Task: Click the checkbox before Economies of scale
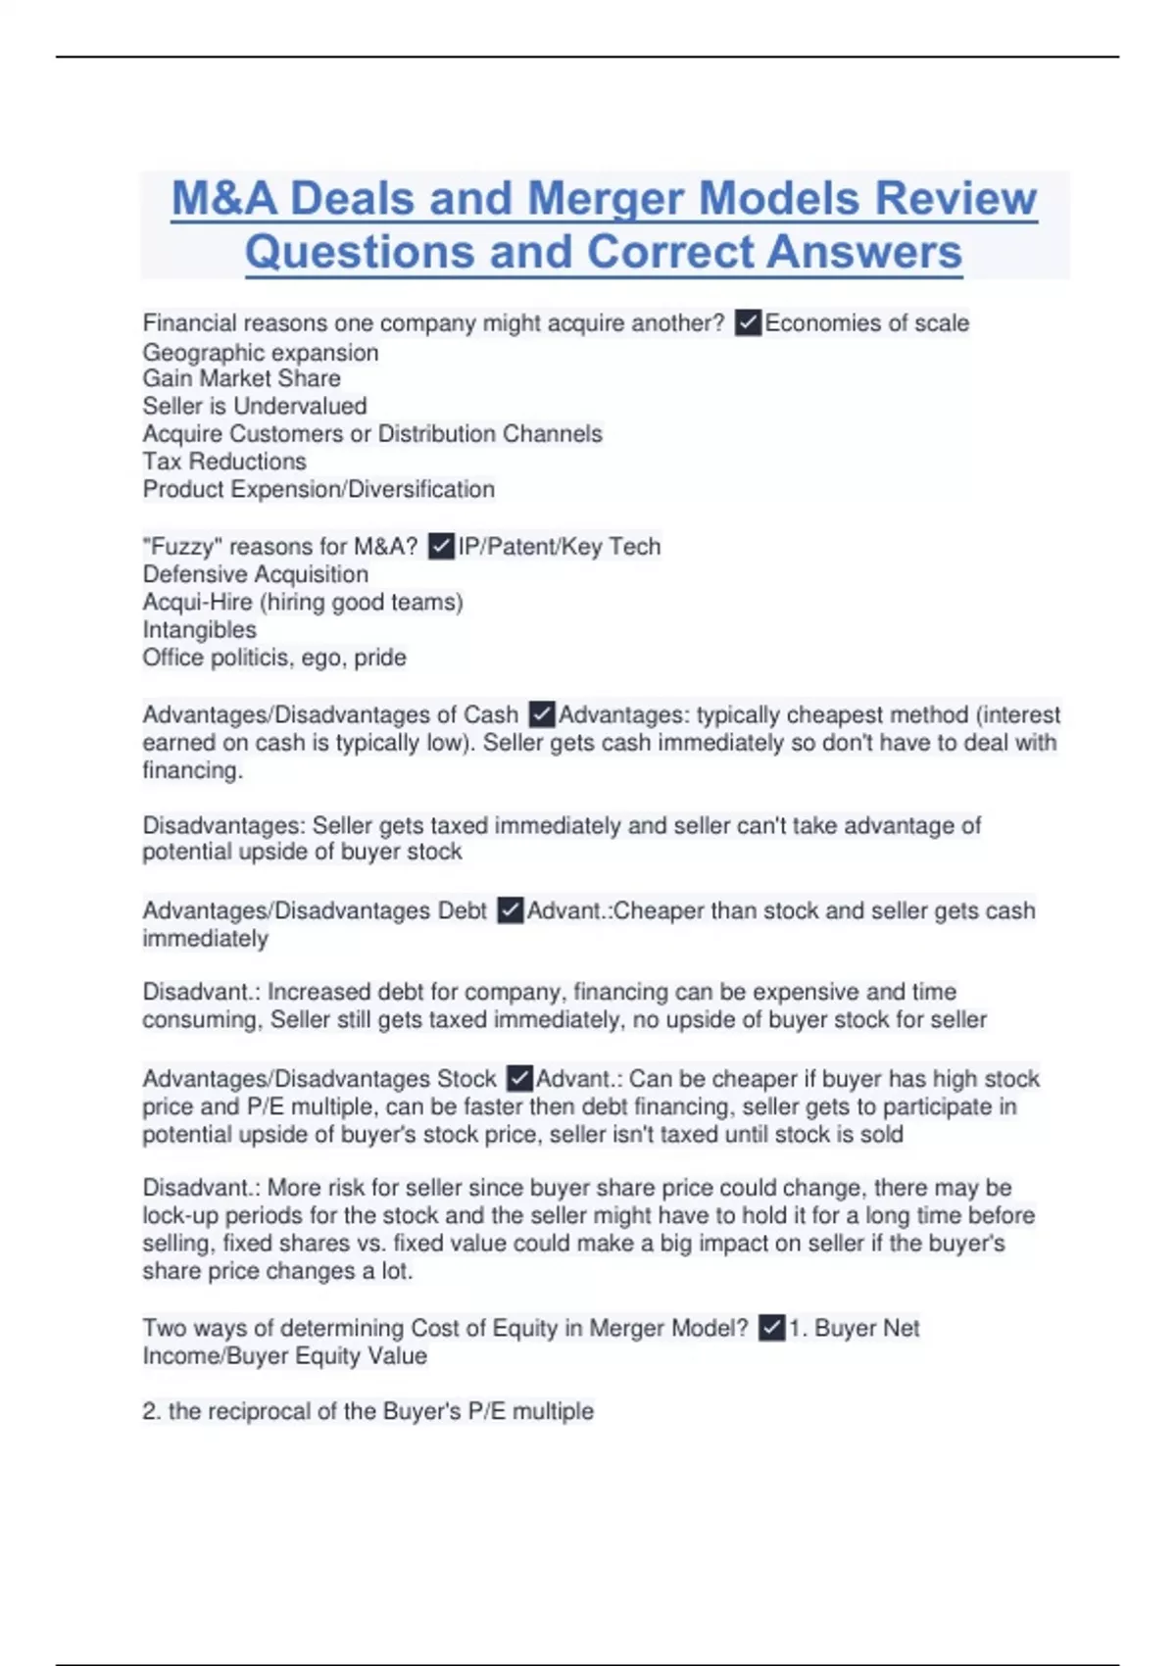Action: click(748, 322)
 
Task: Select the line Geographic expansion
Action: click(261, 352)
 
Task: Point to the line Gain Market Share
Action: click(241, 378)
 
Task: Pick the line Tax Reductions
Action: click(224, 461)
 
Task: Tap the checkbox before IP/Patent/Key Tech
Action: click(442, 546)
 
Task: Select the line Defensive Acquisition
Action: click(256, 573)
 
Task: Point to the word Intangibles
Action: click(199, 629)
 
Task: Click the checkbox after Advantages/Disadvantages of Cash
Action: click(541, 714)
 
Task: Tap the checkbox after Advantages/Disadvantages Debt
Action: click(510, 910)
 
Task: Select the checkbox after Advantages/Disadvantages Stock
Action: click(519, 1078)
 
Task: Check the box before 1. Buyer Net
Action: click(772, 1328)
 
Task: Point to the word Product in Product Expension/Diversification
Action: click(182, 489)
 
